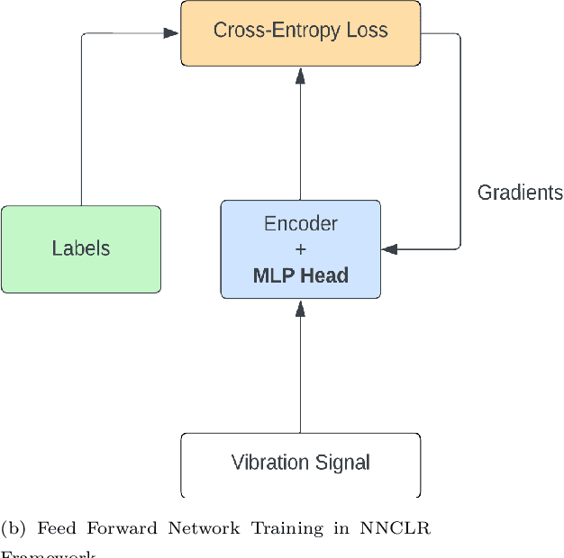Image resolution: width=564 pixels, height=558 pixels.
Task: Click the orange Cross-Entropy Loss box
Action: [x=300, y=33]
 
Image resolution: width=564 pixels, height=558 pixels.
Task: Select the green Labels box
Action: [x=80, y=249]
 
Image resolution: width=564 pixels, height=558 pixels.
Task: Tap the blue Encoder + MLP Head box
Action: [x=300, y=249]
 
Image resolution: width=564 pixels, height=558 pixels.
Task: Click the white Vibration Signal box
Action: [x=300, y=463]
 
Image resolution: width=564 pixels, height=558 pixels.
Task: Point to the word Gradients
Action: [x=519, y=193]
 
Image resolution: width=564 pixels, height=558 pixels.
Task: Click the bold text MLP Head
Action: [x=300, y=275]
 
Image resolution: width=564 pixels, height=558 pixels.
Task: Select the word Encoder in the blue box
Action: [x=300, y=224]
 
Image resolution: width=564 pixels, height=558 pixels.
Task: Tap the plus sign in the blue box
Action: [x=300, y=249]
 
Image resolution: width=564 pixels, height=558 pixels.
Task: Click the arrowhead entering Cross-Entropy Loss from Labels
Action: [x=171, y=33]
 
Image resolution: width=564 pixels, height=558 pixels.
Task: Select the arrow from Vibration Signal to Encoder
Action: [x=300, y=369]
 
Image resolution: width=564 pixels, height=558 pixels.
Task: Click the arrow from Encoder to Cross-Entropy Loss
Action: [x=300, y=135]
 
